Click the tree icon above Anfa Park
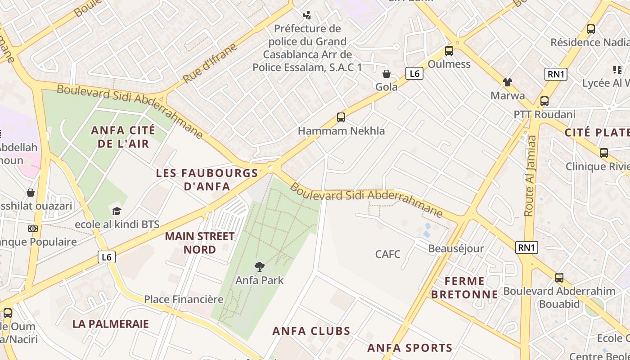click(259, 267)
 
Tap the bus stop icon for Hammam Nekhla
click(341, 118)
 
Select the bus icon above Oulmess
click(449, 51)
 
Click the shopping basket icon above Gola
click(386, 74)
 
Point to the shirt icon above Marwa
click(508, 82)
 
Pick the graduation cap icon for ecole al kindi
click(117, 211)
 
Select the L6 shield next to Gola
click(414, 73)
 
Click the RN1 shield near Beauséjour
click(526, 247)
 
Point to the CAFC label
click(387, 254)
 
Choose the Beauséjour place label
click(456, 248)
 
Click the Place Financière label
click(184, 299)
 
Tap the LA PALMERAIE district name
click(110, 324)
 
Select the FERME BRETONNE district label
click(464, 288)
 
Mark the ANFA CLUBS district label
click(311, 331)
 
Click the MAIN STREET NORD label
click(200, 243)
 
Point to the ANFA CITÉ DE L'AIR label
click(123, 137)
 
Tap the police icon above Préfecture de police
click(307, 16)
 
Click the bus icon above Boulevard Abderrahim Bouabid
click(559, 278)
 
